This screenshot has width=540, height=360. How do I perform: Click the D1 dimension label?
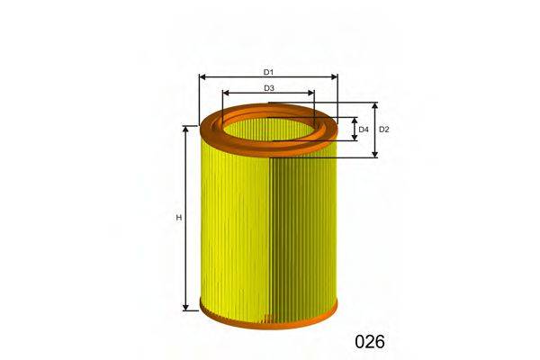268,71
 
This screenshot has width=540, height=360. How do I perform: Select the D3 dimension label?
268,87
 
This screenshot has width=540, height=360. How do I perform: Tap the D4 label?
364,130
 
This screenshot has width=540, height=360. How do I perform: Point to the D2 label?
384,130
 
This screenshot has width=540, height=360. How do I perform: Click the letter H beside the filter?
178,218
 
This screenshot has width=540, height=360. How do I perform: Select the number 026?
369,342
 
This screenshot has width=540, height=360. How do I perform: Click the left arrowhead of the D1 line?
202,77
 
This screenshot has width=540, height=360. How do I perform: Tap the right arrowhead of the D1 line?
335,77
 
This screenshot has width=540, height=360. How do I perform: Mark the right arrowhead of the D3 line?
312,94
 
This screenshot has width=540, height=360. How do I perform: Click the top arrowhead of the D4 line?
353,119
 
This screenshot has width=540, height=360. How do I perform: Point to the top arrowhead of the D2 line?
375,105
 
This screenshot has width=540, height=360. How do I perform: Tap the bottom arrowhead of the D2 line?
375,155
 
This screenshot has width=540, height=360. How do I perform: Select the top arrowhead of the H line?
185,129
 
